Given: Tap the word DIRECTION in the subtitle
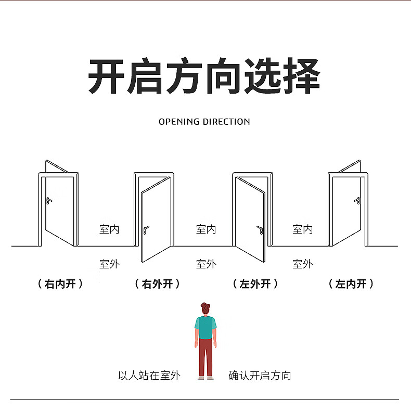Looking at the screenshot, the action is click(226, 122).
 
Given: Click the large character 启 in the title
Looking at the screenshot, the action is click(145, 76).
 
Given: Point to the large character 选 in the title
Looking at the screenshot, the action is click(263, 76).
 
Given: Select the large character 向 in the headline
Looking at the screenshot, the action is click(223, 76).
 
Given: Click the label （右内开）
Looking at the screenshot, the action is click(60, 284).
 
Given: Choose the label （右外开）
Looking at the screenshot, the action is click(157, 284).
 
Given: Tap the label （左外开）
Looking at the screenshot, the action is click(255, 284).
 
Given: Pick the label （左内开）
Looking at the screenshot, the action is click(351, 284).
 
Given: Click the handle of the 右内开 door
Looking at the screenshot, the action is click(49, 200).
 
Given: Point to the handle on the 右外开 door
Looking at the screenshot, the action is click(146, 230).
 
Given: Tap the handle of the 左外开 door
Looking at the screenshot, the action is click(260, 230).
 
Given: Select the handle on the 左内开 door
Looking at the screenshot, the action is click(357, 200).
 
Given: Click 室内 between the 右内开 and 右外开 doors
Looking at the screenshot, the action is click(109, 229).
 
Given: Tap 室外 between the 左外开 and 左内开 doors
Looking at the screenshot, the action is click(302, 264).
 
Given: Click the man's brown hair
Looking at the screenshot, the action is click(205, 308).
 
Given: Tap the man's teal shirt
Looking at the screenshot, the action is click(205, 327).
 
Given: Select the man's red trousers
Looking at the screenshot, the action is click(205, 357).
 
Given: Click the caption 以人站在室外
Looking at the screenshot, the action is click(149, 376).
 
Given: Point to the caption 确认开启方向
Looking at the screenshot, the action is click(260, 376).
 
